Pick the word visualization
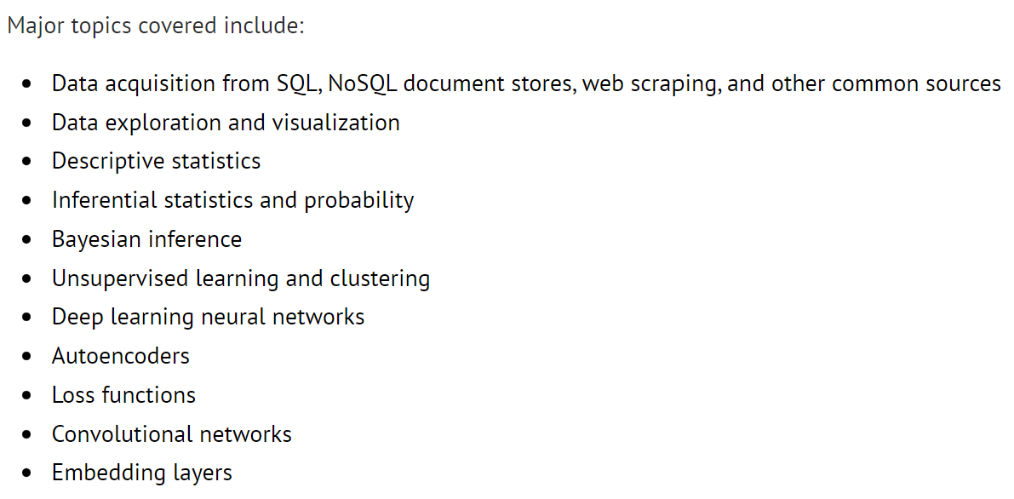click(335, 123)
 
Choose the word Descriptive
click(103, 162)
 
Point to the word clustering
click(375, 279)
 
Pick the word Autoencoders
click(120, 356)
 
